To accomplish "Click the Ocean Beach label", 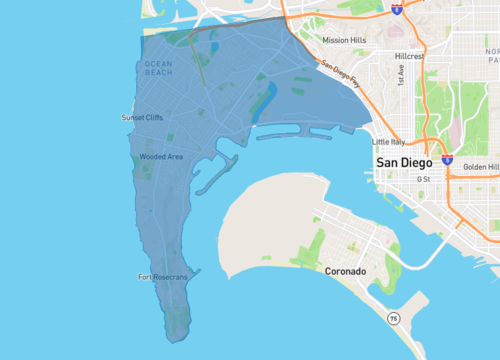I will point(159,68).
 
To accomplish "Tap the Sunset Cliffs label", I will point(141,117).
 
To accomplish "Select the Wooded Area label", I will point(161,157).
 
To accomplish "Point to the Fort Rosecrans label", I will point(163,277).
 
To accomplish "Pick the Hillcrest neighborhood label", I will point(409,57).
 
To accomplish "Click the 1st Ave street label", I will point(401,75).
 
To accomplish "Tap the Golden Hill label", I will point(481,167).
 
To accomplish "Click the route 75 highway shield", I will point(394,318).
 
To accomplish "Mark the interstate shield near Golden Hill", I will point(447,159).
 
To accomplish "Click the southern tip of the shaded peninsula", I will point(177,334).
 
